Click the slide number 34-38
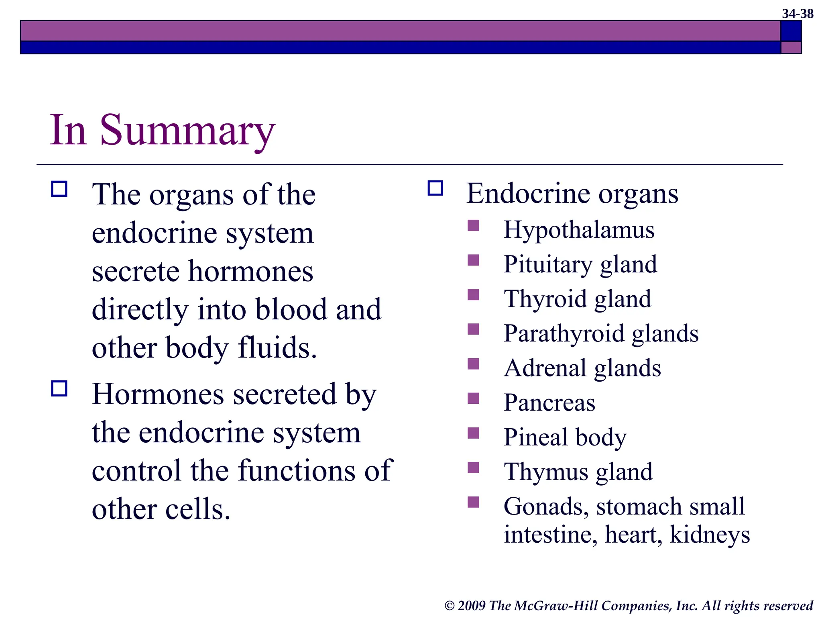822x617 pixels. pos(797,14)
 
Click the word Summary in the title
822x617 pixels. pos(187,131)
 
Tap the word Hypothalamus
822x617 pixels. pos(579,230)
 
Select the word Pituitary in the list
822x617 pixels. pos(547,265)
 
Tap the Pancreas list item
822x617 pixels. pos(549,402)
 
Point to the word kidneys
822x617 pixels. pos(709,535)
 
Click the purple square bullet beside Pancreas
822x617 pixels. pos(474,398)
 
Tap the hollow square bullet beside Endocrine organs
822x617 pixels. pos(435,188)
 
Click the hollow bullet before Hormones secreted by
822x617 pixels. pos(59,388)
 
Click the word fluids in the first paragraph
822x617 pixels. pos(277,347)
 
